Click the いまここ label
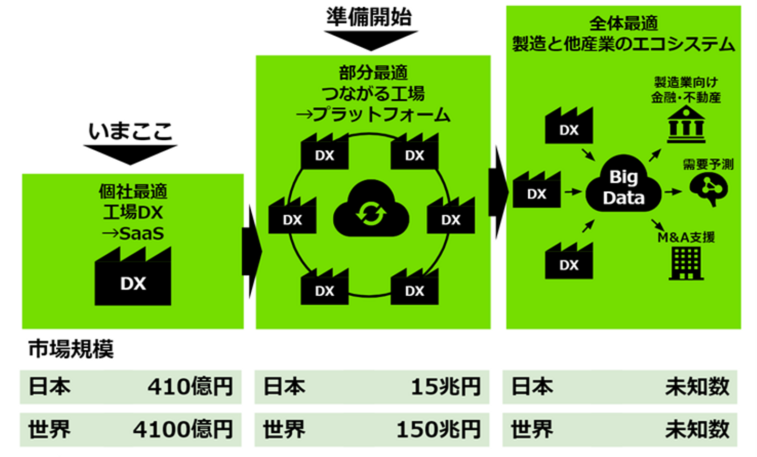[x=130, y=131]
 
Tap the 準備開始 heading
[x=369, y=17]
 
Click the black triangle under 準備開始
[x=371, y=40]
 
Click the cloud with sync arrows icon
[x=371, y=210]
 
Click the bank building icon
[x=686, y=124]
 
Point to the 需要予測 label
[x=708, y=164]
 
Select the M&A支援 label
[x=686, y=237]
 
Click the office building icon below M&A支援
[x=686, y=263]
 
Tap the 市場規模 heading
[x=71, y=349]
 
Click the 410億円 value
[x=190, y=387]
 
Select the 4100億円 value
[x=183, y=430]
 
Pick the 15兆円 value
[x=446, y=387]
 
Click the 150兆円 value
[x=438, y=430]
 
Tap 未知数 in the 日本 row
[x=697, y=387]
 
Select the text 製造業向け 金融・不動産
[x=686, y=90]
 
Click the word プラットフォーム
[x=382, y=115]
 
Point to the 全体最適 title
[x=623, y=24]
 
